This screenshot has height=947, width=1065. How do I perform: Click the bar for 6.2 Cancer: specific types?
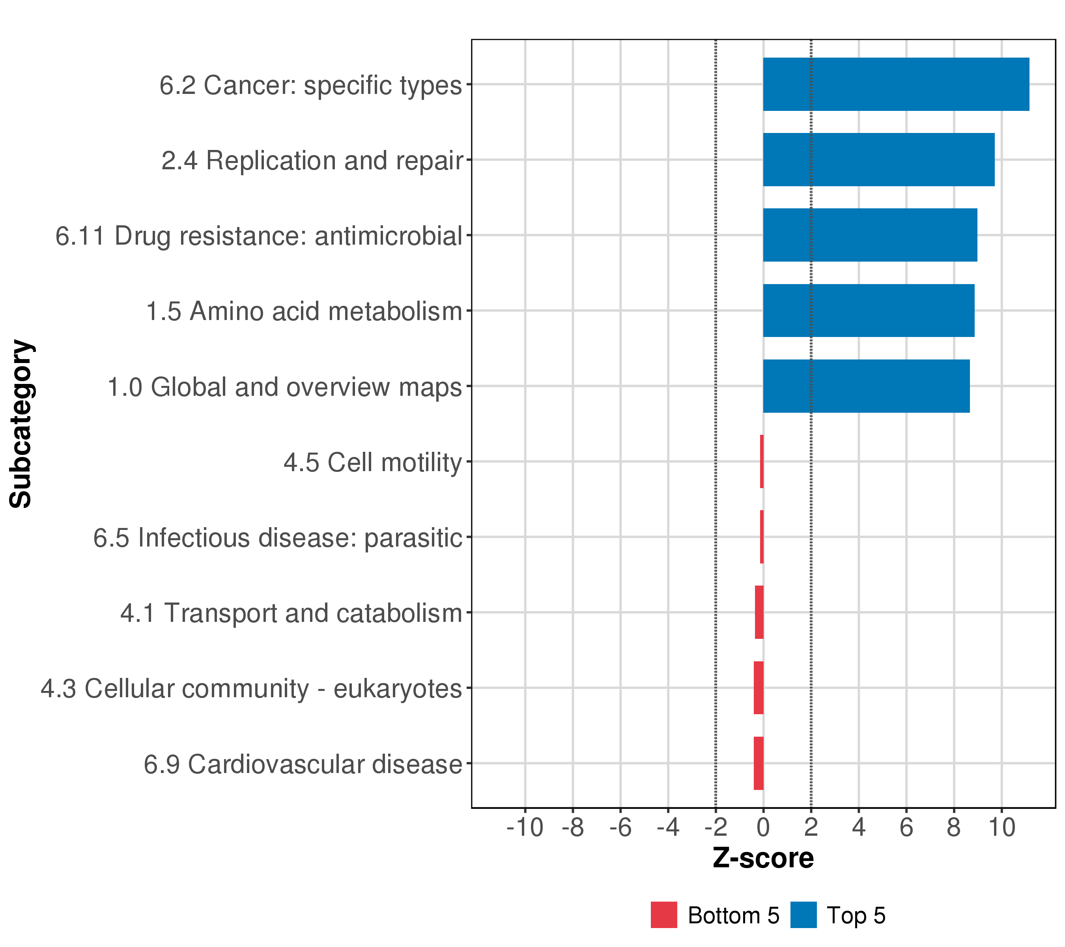(x=896, y=84)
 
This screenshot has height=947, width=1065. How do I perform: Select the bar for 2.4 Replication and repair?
(x=878, y=159)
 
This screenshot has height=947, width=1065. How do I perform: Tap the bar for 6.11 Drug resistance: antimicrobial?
(x=870, y=235)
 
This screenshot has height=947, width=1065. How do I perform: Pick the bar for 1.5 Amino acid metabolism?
(x=869, y=311)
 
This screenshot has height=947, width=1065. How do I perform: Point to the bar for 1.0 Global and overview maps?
(x=866, y=386)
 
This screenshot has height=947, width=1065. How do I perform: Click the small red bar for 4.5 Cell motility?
(x=762, y=462)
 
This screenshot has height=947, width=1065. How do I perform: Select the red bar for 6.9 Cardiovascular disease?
(x=759, y=763)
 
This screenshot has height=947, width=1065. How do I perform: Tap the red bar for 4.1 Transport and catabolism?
(x=759, y=612)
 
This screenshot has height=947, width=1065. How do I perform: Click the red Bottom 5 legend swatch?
(x=664, y=915)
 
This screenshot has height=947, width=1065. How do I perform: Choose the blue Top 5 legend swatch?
(x=803, y=915)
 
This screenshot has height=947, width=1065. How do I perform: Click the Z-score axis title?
(x=763, y=858)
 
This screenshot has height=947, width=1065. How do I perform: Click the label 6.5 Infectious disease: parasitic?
(x=278, y=538)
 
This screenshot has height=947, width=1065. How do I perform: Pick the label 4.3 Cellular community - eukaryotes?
(x=251, y=689)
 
